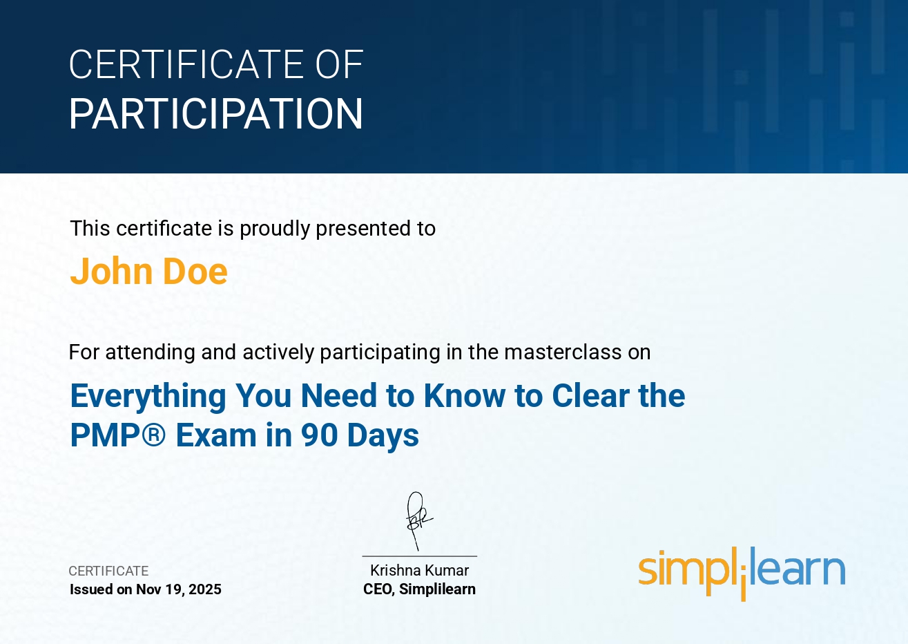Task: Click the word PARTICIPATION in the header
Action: point(216,113)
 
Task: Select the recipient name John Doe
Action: point(148,271)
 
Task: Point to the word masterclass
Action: point(563,352)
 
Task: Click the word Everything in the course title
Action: point(148,396)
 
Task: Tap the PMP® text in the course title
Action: point(118,435)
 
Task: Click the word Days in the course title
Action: point(383,436)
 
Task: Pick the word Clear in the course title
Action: point(590,395)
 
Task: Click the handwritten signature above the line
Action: point(418,520)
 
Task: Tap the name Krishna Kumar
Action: point(419,570)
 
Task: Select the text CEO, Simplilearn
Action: point(419,589)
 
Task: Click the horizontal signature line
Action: point(420,556)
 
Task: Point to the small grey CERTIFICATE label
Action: point(108,571)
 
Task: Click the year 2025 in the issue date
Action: point(204,589)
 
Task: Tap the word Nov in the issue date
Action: point(148,589)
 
